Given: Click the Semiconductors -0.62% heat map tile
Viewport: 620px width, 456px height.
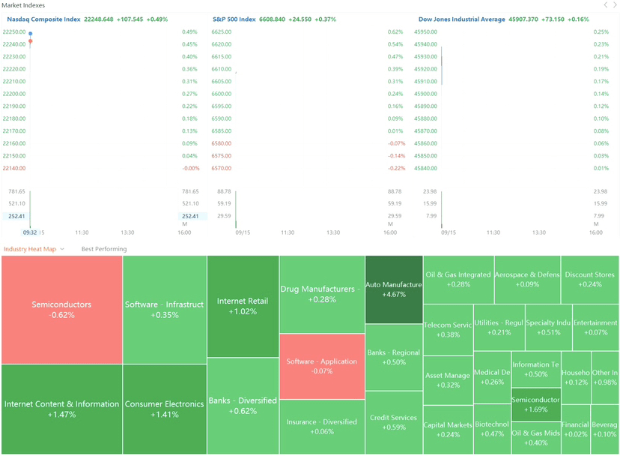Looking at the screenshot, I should pos(61,309).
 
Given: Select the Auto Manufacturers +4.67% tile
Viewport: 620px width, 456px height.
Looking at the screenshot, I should pos(394,289).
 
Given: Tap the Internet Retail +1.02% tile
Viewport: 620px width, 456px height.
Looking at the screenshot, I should pos(243,306).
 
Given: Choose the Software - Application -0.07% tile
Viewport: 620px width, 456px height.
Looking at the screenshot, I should pos(322,366).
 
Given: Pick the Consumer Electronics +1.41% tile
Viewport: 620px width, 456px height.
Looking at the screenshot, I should pos(164,409).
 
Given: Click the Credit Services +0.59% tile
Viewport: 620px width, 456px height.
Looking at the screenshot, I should pos(394,422).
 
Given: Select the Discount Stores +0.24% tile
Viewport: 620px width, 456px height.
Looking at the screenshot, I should pos(590,279).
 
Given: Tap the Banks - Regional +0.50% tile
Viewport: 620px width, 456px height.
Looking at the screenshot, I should pos(394,357).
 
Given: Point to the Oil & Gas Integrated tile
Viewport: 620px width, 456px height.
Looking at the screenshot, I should pos(458,279).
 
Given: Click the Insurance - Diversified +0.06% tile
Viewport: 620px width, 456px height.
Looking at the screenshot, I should pos(322,426).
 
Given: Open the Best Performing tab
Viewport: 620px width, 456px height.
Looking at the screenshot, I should pos(104,249).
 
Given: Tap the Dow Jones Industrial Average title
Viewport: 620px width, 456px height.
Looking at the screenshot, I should pos(461,19).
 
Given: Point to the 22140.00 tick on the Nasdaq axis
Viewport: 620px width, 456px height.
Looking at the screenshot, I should pos(14,168).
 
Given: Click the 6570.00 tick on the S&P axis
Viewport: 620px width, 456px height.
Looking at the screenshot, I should pos(222,168).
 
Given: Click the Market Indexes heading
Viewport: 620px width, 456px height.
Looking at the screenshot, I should pos(23,5).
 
